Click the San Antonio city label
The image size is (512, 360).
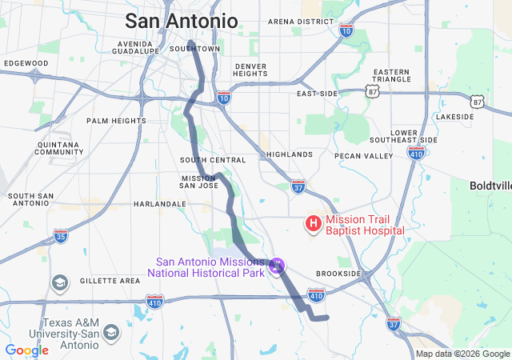click(182, 20)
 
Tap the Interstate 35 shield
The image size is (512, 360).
click(61, 235)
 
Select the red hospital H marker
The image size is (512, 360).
click(314, 223)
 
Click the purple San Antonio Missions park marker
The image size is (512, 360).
click(277, 263)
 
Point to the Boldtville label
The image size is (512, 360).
click(491, 185)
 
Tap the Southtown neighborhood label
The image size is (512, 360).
click(195, 49)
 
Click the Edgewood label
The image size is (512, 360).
click(26, 62)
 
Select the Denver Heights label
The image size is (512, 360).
click(250, 70)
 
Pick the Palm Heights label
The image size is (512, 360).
click(117, 121)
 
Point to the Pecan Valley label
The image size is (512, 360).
click(364, 155)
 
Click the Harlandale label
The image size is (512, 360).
click(160, 204)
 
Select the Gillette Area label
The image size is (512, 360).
click(110, 281)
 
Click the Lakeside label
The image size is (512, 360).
click(454, 117)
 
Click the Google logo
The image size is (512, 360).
click(26, 350)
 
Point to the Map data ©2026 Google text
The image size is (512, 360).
click(462, 354)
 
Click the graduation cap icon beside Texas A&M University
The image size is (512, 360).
click(111, 331)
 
